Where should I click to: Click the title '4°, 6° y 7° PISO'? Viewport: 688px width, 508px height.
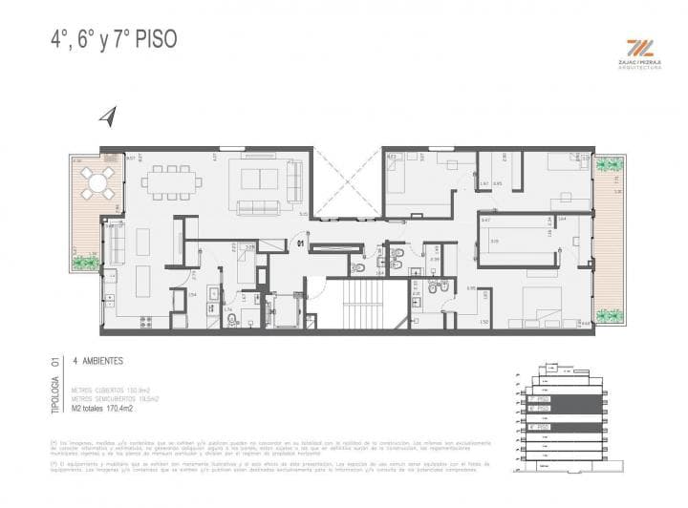click(x=113, y=40)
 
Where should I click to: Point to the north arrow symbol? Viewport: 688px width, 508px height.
click(x=107, y=116)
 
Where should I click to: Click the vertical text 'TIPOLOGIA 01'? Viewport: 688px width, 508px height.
click(x=54, y=386)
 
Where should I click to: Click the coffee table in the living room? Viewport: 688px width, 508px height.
click(x=260, y=180)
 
